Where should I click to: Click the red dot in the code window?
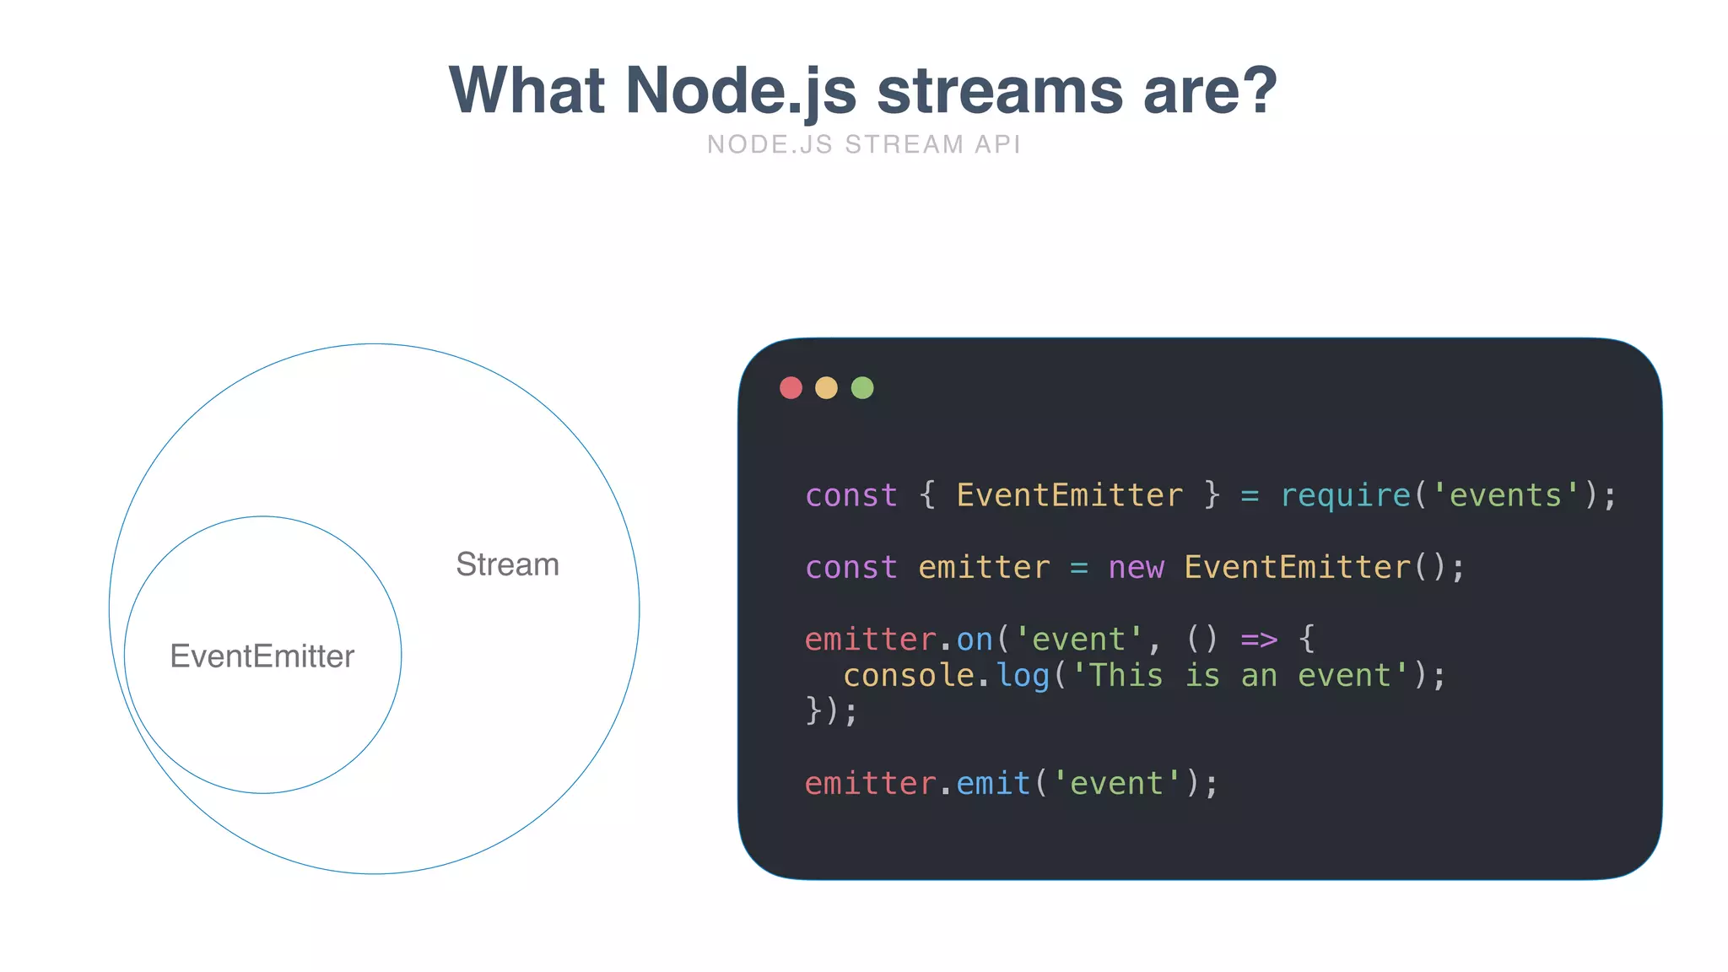pyautogui.click(x=791, y=388)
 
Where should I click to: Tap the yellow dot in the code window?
pyautogui.click(x=826, y=388)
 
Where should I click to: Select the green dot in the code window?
pyautogui.click(x=862, y=388)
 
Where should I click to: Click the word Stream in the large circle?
pyautogui.click(x=507, y=564)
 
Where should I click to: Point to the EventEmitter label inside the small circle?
pyautogui.click(x=262, y=656)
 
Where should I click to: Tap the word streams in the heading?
pyautogui.click(x=1000, y=90)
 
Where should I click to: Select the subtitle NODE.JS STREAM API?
pyautogui.click(x=864, y=144)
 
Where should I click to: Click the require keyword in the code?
pyautogui.click(x=1346, y=495)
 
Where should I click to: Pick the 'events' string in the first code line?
pyautogui.click(x=1505, y=495)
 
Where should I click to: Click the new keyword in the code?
pyautogui.click(x=1137, y=568)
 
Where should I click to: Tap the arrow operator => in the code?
pyautogui.click(x=1259, y=640)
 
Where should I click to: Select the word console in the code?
pyautogui.click(x=909, y=676)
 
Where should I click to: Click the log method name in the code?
pyautogui.click(x=1023, y=676)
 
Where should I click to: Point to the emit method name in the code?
pyautogui.click(x=993, y=784)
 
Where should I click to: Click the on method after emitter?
pyautogui.click(x=975, y=640)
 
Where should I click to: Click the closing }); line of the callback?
pyautogui.click(x=832, y=711)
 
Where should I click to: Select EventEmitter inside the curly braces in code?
pyautogui.click(x=1069, y=495)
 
